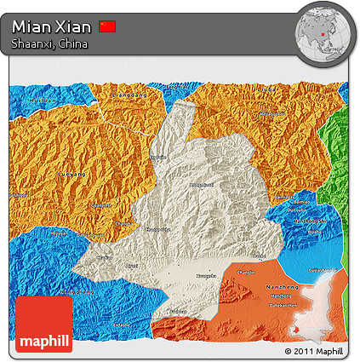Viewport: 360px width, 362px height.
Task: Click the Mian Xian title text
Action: point(51,26)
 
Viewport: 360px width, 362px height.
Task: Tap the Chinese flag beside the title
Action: point(107,26)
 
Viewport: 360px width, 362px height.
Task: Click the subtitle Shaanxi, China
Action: point(49,43)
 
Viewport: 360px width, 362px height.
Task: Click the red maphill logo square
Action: point(43,325)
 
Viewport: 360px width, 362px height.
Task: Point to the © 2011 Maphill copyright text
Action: point(315,351)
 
